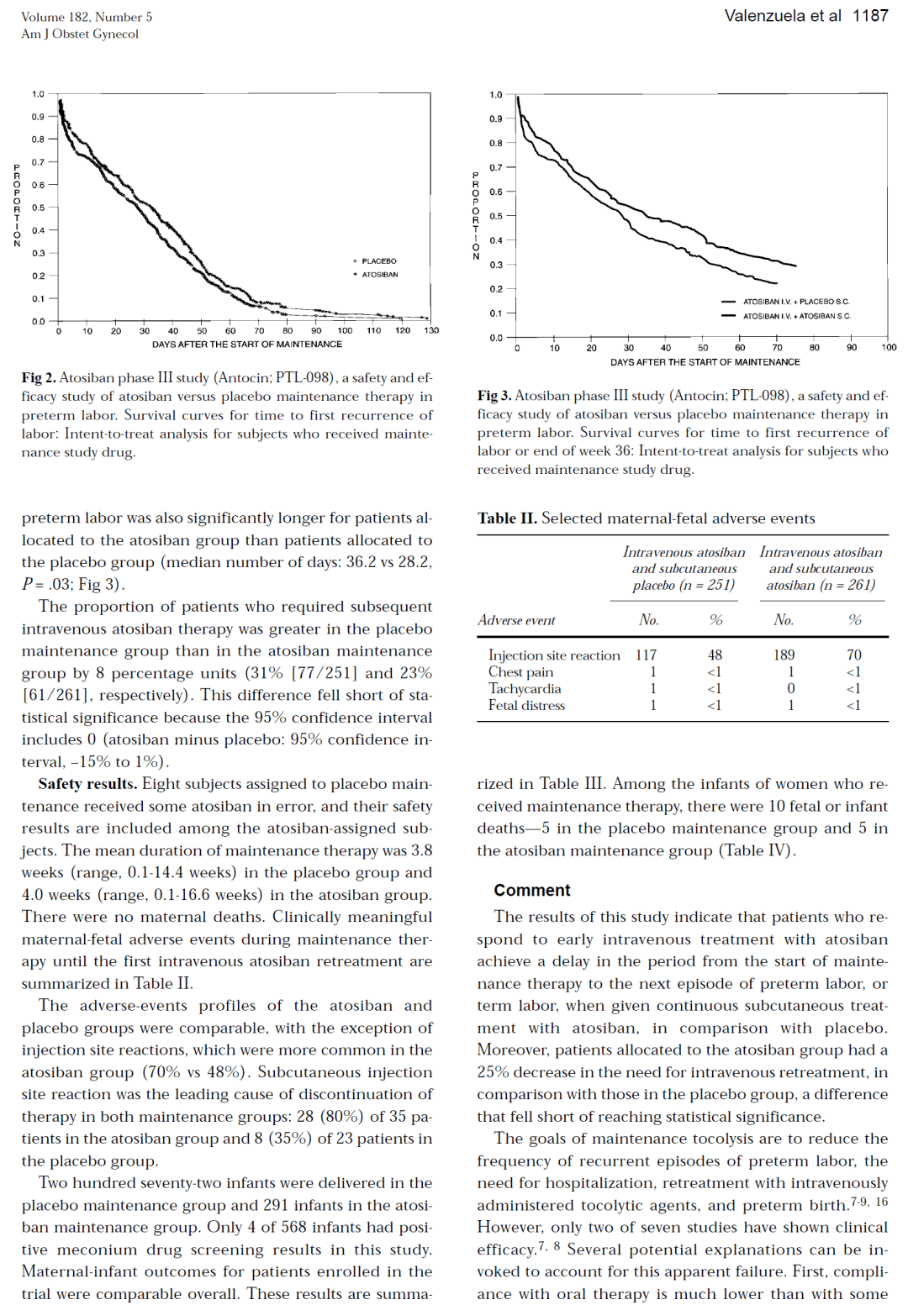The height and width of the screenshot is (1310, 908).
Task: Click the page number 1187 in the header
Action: click(x=869, y=16)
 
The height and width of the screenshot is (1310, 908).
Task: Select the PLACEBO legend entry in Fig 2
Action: click(x=378, y=261)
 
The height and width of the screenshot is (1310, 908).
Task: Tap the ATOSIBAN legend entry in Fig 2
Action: click(x=379, y=275)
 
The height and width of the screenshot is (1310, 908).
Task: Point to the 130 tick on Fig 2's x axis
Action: click(x=431, y=331)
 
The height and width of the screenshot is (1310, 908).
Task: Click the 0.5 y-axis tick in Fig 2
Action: click(x=39, y=208)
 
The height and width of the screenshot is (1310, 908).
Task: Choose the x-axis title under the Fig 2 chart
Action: click(x=246, y=345)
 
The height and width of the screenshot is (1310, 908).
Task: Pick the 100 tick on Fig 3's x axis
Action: click(x=889, y=348)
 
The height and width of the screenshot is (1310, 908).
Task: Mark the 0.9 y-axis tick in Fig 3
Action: click(x=496, y=119)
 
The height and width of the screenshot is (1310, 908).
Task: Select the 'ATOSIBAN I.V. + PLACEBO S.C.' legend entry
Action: click(x=795, y=302)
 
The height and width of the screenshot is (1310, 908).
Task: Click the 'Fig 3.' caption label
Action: click(x=494, y=396)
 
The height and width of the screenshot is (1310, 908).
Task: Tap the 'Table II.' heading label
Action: click(x=507, y=518)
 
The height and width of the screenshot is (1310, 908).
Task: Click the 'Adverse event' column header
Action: click(x=516, y=620)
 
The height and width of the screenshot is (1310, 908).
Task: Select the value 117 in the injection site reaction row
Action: click(x=646, y=655)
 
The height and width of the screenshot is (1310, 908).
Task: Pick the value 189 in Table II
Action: click(x=784, y=655)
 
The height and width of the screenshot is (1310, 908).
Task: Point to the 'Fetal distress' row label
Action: click(x=526, y=705)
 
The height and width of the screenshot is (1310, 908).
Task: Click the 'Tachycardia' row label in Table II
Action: click(x=525, y=688)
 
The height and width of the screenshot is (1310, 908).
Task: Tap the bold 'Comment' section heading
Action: click(x=531, y=891)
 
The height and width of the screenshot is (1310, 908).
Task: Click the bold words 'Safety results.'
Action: click(x=87, y=784)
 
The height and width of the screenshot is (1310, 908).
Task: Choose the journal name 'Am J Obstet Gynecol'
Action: click(x=80, y=34)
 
